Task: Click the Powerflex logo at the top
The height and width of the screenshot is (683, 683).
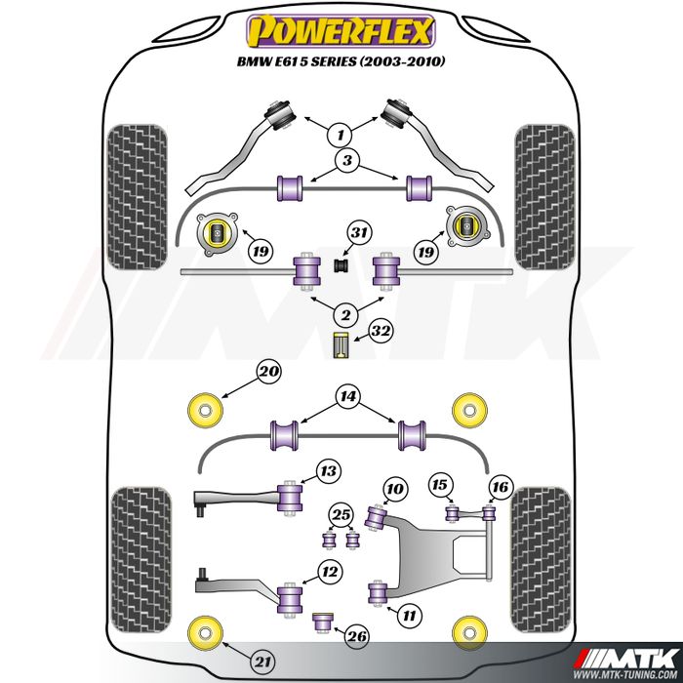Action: pyautogui.click(x=341, y=31)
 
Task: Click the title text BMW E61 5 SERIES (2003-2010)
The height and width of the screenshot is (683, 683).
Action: pyautogui.click(x=341, y=60)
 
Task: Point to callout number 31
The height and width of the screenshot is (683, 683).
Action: pyautogui.click(x=359, y=233)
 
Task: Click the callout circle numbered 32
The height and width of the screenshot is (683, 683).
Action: pyautogui.click(x=381, y=332)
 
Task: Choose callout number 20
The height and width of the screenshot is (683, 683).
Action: pyautogui.click(x=267, y=371)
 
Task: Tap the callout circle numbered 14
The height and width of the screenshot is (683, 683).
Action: pyautogui.click(x=346, y=396)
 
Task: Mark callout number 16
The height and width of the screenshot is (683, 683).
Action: pyautogui.click(x=501, y=486)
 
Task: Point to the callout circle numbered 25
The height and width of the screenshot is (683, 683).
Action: pyautogui.click(x=340, y=514)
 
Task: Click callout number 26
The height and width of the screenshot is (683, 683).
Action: pyautogui.click(x=357, y=637)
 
